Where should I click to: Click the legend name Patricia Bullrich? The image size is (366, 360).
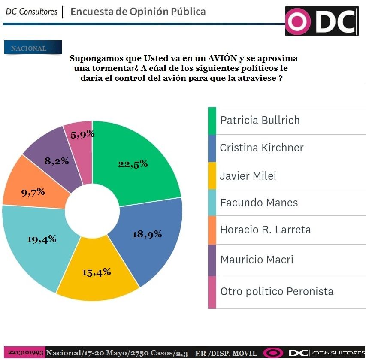coord(260,120)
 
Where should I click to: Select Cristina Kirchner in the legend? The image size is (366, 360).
coord(261,148)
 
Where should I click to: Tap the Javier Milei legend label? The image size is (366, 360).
coord(248,176)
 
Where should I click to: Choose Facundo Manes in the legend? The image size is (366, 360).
coord(259,203)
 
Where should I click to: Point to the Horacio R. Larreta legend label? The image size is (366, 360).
coord(265,230)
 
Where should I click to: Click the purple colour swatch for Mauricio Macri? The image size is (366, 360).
coord(212,260)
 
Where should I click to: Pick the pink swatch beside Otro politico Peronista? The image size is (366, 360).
coord(212,292)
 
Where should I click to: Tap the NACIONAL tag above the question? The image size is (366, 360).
coord(31,48)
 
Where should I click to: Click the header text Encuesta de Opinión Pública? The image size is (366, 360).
coord(138,12)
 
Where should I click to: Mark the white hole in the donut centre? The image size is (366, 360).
coord(92,210)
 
